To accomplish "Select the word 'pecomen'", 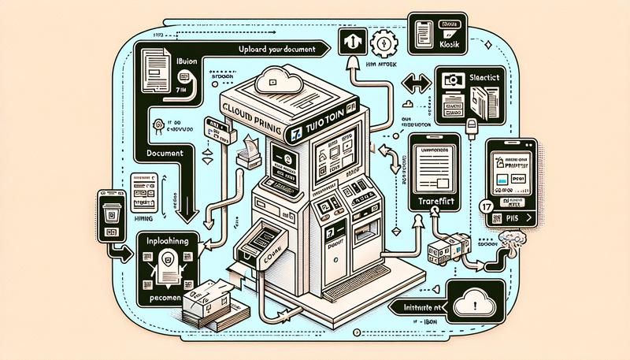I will point(163,302).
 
